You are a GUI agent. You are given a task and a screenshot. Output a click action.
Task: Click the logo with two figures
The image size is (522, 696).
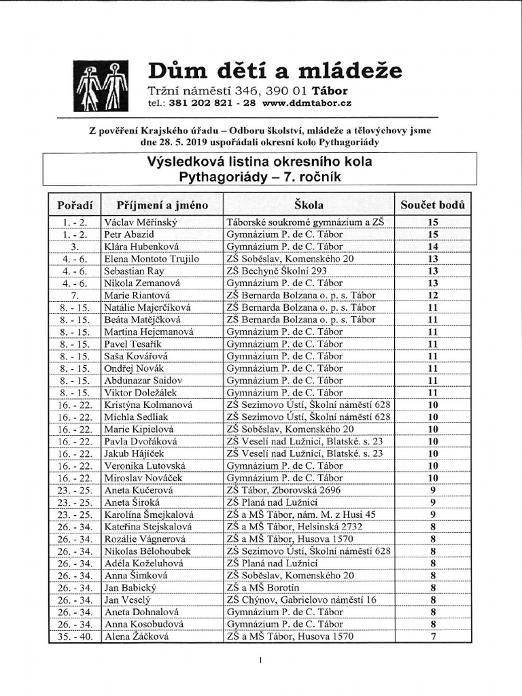tap(101, 86)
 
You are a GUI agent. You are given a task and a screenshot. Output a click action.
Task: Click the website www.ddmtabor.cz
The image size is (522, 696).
tap(307, 103)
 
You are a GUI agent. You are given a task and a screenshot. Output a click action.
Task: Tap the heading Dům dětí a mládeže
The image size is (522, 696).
tap(275, 70)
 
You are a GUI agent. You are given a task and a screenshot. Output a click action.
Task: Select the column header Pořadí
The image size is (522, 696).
tap(75, 205)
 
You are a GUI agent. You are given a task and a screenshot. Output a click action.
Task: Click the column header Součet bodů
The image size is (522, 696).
tap(433, 205)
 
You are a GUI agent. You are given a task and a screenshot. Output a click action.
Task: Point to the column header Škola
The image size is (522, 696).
tap(309, 205)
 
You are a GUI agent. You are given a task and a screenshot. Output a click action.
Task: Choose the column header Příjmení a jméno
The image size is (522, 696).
tap(162, 205)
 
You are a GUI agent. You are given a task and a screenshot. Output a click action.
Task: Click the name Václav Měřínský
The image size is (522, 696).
tap(140, 222)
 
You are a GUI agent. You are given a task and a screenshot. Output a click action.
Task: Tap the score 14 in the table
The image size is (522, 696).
tap(433, 246)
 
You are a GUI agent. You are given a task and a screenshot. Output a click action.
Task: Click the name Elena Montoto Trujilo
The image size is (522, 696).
tap(151, 258)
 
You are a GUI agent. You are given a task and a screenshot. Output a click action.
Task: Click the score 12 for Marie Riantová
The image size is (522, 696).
tap(433, 295)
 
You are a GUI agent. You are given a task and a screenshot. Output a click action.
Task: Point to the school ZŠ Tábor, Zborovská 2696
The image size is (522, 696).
tap(289, 490)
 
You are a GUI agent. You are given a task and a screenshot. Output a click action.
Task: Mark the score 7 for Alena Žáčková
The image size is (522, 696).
tap(433, 637)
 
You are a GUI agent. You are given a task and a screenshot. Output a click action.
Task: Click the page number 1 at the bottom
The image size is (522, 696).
tap(260, 660)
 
